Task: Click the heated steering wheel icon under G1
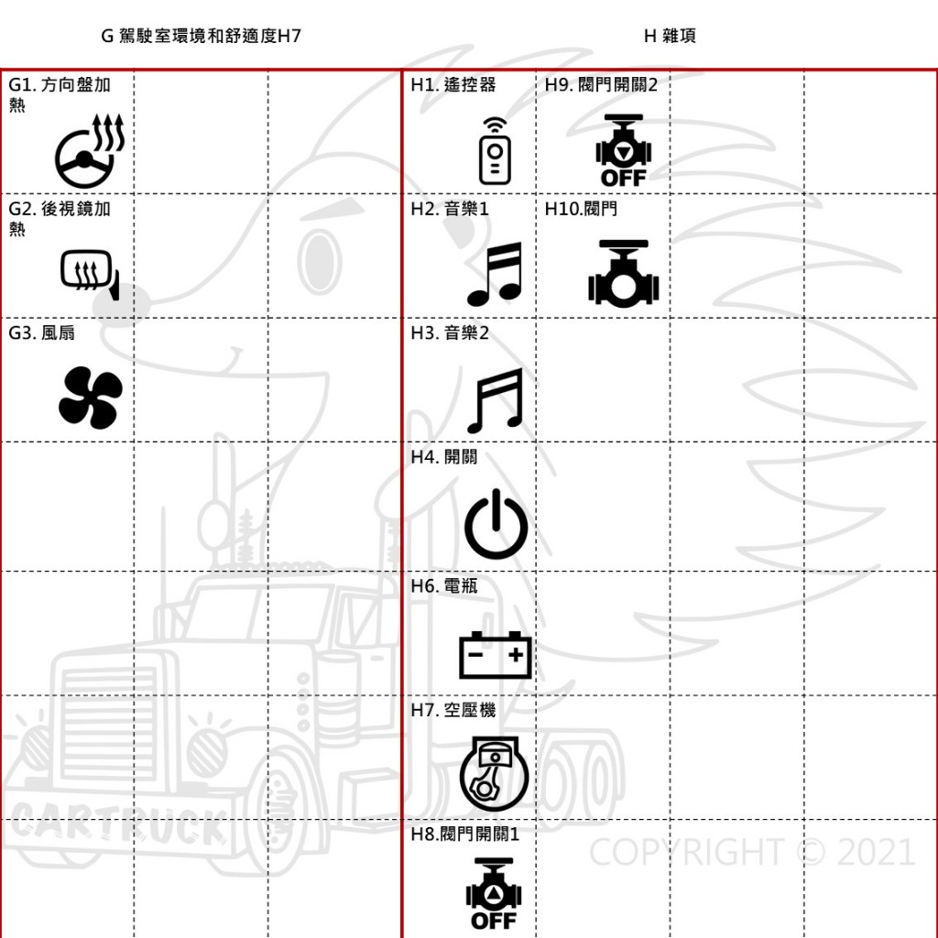tap(89, 151)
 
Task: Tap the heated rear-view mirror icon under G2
tap(90, 275)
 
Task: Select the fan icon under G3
tap(91, 398)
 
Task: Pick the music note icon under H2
tap(495, 274)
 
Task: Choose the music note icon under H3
tap(495, 400)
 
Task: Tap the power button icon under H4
tap(496, 524)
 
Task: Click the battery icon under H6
tap(496, 655)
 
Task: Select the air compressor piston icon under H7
tap(494, 773)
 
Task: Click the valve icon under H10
tap(623, 274)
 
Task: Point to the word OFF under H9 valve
tap(623, 178)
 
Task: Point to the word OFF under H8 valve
tap(494, 921)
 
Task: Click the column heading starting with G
tap(201, 36)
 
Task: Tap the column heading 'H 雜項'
tap(670, 36)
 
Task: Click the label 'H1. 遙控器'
tap(453, 85)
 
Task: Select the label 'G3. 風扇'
tap(42, 333)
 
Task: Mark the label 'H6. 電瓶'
tap(444, 586)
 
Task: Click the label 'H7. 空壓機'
tap(453, 710)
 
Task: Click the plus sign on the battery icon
tap(516, 654)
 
